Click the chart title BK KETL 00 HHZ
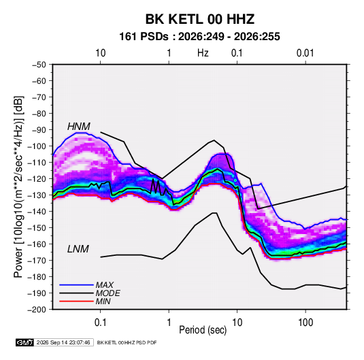[x=200, y=19]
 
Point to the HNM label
[x=79, y=127]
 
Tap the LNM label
[x=78, y=249]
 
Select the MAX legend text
[x=105, y=285]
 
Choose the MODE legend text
[x=108, y=293]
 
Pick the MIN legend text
[x=103, y=301]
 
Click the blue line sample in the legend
[x=76, y=285]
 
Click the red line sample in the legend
[x=76, y=301]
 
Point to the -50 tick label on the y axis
[x=39, y=65]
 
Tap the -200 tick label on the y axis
[x=37, y=310]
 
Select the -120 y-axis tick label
[x=37, y=179]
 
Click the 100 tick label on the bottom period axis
[x=305, y=323]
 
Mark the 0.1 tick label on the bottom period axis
[x=100, y=323]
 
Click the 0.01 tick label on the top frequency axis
[x=305, y=53]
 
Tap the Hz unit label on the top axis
[x=203, y=53]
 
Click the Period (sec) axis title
[x=203, y=330]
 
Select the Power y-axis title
[x=18, y=187]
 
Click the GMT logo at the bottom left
[x=24, y=342]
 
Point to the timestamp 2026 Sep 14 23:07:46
[x=63, y=342]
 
